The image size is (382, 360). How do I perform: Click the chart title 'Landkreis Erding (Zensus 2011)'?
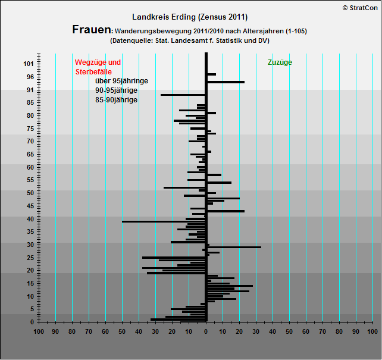190,17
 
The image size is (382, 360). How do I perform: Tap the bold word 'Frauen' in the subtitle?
92,30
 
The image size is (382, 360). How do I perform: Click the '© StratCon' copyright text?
360,7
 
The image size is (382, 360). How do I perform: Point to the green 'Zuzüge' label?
280,62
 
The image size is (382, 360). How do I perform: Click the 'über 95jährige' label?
121,81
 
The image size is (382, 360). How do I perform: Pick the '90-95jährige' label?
117,90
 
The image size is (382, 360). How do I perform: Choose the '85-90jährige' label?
117,100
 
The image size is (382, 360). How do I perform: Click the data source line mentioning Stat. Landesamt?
190,40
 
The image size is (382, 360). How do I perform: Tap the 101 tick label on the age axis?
28,64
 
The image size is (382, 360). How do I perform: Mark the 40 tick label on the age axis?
30,220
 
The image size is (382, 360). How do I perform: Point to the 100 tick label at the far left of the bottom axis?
39,331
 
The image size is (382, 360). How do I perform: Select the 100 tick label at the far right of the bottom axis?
372,331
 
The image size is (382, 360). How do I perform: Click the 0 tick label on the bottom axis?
206,331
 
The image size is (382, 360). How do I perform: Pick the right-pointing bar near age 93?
226,82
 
